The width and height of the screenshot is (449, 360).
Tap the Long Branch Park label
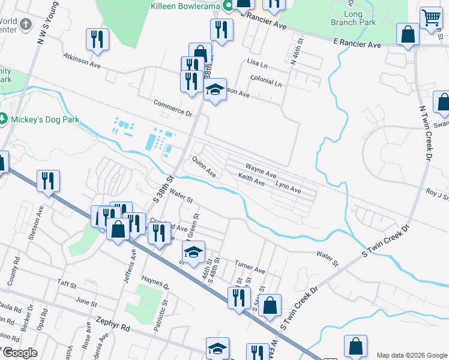(x=353, y=18)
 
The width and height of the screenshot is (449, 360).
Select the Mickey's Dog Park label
(x=44, y=119)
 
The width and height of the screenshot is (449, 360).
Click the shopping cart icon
(x=431, y=19)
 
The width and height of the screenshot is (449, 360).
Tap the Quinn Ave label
(x=204, y=166)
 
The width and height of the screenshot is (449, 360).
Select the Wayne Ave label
(x=261, y=169)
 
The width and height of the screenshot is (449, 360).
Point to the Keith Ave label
(x=251, y=178)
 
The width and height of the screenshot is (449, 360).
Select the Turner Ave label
(x=250, y=268)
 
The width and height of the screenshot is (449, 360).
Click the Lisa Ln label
(x=257, y=64)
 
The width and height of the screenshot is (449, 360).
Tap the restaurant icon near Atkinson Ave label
(x=97, y=40)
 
